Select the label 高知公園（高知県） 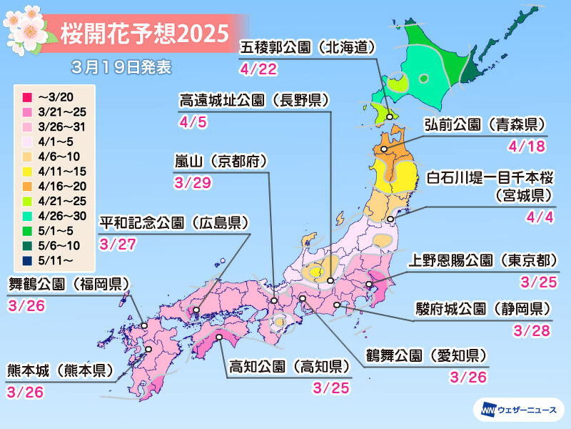pyautogui.click(x=289, y=368)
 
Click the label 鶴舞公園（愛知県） pyautogui.click(x=426, y=355)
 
